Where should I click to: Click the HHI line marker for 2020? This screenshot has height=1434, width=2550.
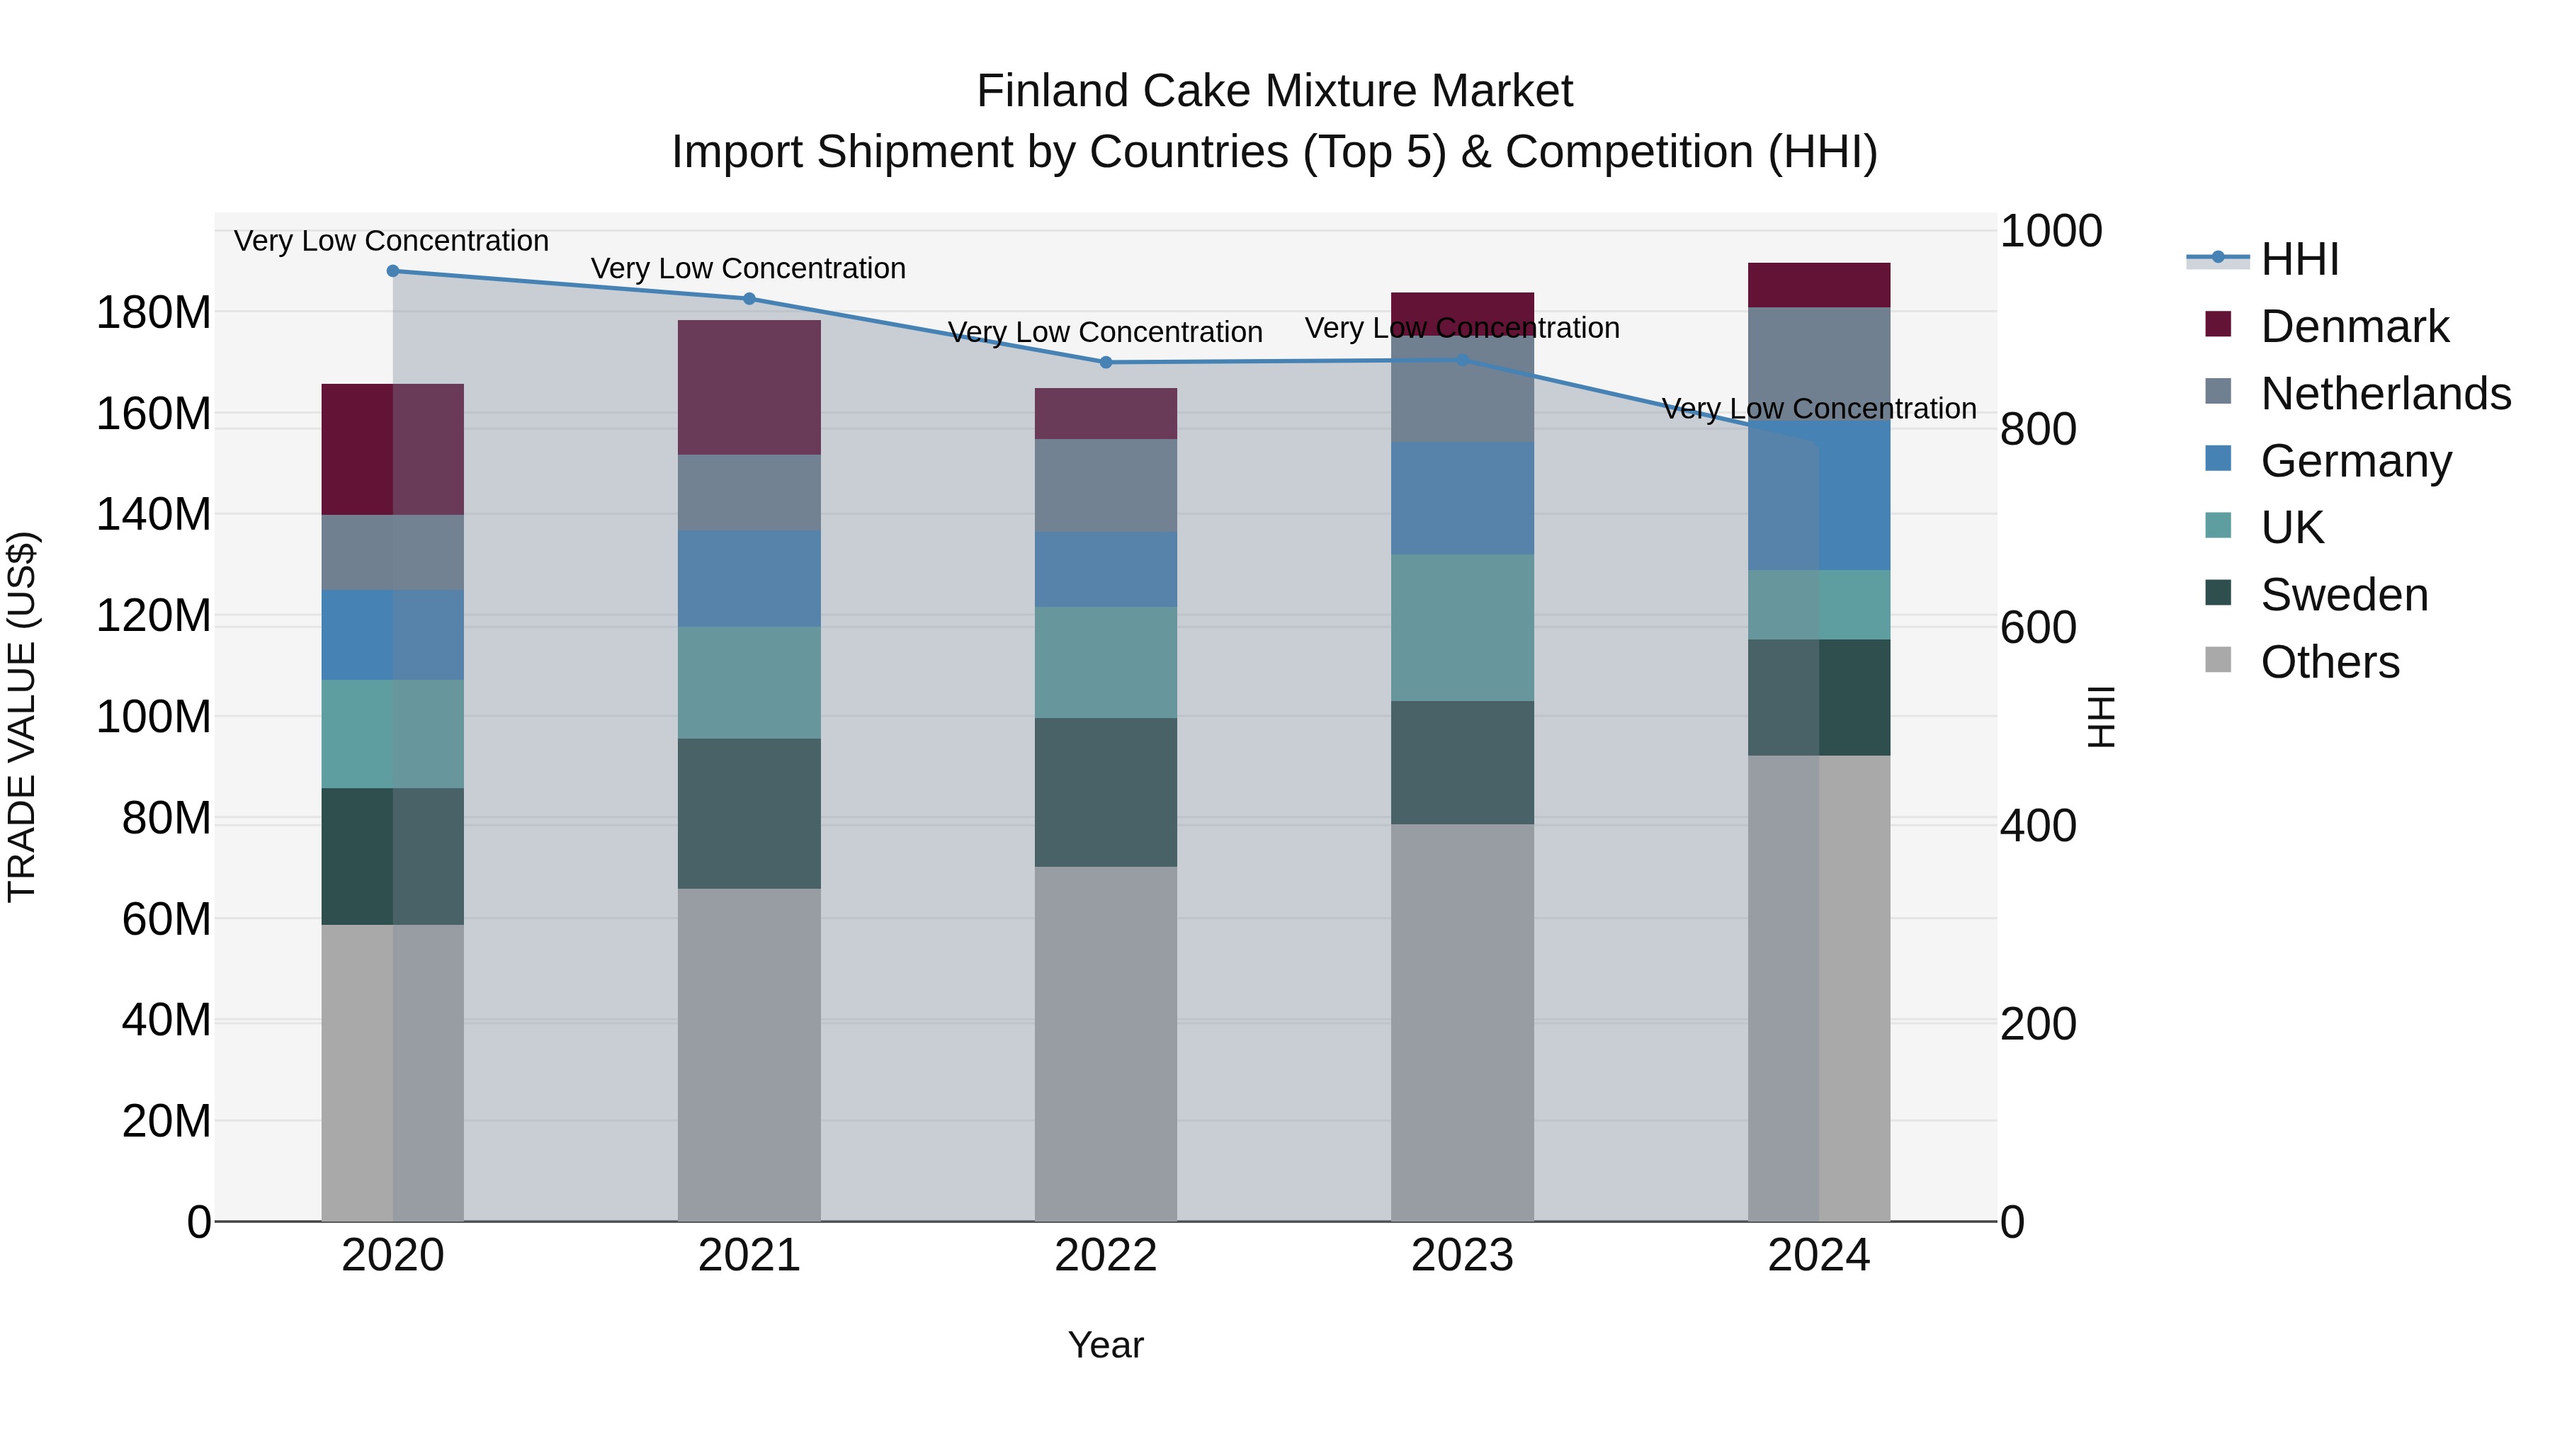393,271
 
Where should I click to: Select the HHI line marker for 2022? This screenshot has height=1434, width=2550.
1106,362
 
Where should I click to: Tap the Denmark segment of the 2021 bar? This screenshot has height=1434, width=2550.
749,387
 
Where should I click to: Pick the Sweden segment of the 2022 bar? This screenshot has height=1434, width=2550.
1106,792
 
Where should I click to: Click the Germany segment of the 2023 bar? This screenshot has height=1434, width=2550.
1462,498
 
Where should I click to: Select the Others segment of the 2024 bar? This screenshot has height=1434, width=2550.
1818,988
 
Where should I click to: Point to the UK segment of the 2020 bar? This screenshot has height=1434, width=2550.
393,734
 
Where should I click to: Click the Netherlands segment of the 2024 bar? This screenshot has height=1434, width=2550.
1818,362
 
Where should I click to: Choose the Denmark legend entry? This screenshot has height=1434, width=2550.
2354,326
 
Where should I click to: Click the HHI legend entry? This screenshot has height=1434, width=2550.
2299,259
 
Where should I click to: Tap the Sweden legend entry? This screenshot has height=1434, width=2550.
2344,595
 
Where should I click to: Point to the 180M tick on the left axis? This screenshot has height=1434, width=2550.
154,313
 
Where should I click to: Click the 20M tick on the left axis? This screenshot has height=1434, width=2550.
165,1121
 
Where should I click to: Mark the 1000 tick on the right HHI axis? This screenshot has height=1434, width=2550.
2050,232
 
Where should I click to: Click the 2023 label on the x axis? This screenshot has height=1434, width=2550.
1462,1256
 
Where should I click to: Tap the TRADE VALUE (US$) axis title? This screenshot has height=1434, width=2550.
22,717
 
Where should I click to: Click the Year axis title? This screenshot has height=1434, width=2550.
1106,1345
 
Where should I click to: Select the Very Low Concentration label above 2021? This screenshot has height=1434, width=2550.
749,268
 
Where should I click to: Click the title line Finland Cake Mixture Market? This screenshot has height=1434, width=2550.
1274,91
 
